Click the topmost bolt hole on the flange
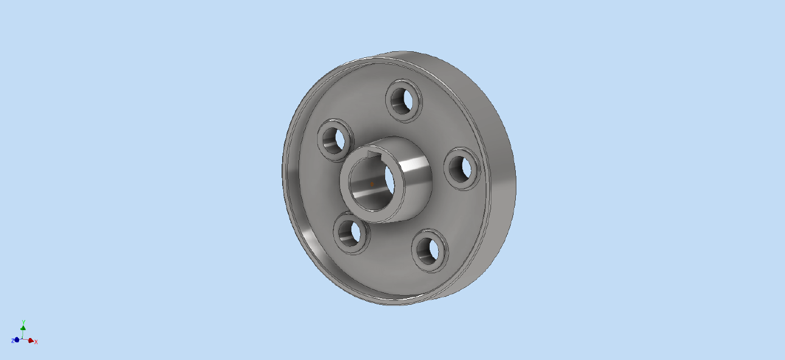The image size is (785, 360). tap(404, 101)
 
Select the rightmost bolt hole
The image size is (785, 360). tap(462, 168)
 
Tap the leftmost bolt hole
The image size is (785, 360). tap(336, 140)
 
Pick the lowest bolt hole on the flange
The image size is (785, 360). tap(430, 251)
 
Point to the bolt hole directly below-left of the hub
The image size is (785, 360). tap(351, 233)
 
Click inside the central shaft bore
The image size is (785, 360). tap(372, 184)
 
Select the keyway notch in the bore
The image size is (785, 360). tap(373, 154)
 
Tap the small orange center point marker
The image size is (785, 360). tap(372, 184)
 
